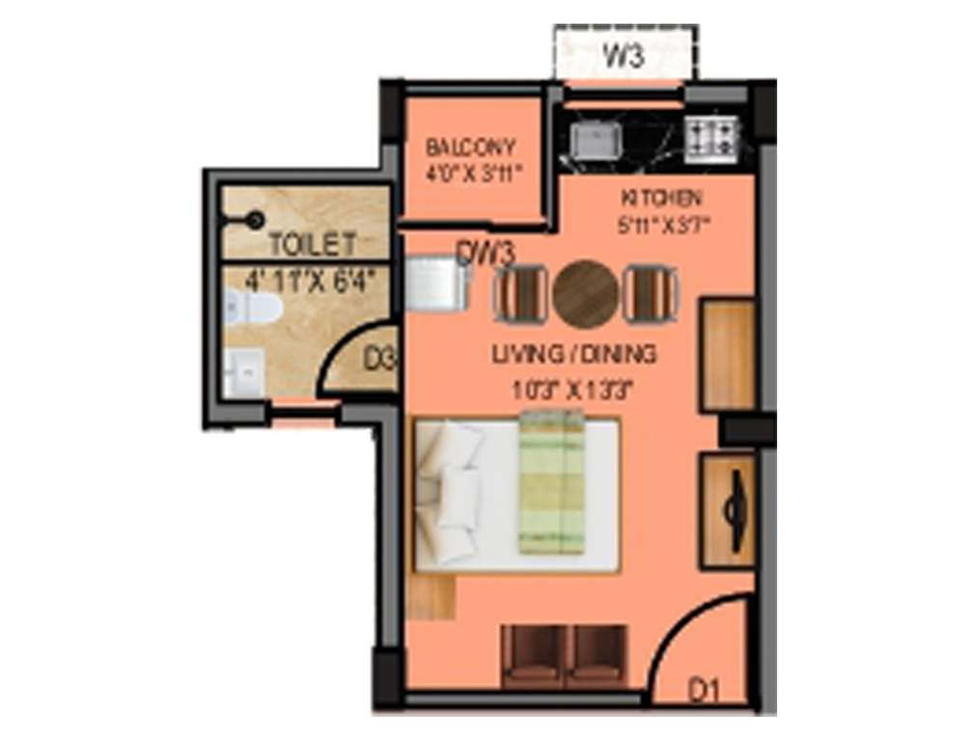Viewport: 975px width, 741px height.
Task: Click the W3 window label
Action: (624, 57)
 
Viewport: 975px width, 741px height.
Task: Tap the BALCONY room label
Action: (471, 149)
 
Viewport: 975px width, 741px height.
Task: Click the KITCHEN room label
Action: (660, 199)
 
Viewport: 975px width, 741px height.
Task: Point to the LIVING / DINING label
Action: (574, 354)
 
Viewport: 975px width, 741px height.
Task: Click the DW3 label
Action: (486, 254)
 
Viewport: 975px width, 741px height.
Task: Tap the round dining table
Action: (586, 292)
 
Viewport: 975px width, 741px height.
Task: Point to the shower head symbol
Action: (255, 220)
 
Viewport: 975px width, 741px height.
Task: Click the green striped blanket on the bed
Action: (552, 483)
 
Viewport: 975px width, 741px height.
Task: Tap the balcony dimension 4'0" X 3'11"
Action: (474, 176)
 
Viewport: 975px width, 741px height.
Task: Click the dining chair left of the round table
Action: (519, 292)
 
